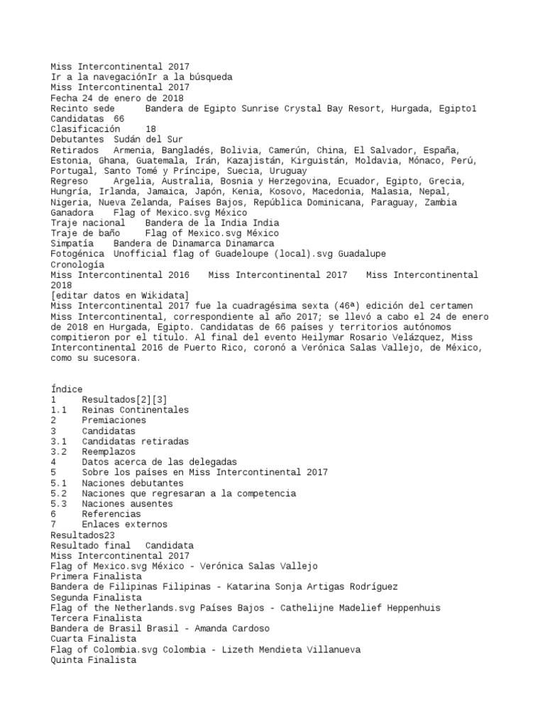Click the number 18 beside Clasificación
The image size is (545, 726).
pos(150,130)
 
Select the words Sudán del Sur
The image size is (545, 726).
pos(148,140)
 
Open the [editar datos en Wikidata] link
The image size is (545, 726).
pos(119,295)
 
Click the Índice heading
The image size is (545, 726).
pos(67,389)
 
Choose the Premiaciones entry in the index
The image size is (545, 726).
pos(114,420)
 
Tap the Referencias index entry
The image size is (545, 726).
pos(111,513)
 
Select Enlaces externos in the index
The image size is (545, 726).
pos(124,524)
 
